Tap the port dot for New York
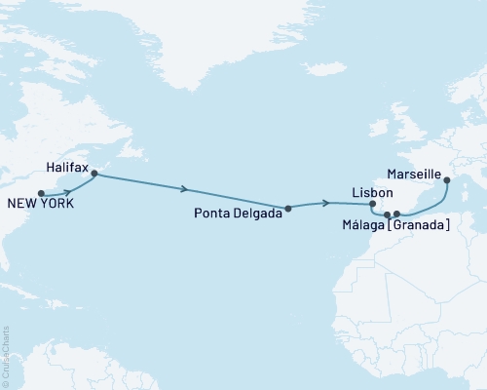41,193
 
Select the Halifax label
67,168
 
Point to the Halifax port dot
94,174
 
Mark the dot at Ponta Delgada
288,208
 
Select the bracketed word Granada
419,226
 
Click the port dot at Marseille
448,179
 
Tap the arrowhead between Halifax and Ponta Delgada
185,190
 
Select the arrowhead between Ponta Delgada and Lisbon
322,203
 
